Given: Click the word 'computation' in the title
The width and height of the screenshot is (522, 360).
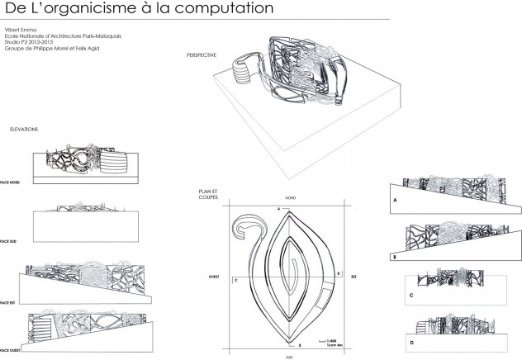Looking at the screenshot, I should tap(220, 10).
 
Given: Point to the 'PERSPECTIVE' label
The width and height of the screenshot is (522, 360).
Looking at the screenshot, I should tap(202, 54).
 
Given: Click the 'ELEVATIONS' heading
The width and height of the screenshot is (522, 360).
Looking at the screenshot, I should tap(24, 130).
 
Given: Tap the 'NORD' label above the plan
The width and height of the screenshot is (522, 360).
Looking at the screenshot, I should tap(291, 199).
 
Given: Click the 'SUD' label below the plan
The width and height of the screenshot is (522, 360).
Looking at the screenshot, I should tap(290, 356).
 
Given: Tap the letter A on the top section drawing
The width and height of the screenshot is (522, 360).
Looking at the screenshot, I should tap(396, 201).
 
